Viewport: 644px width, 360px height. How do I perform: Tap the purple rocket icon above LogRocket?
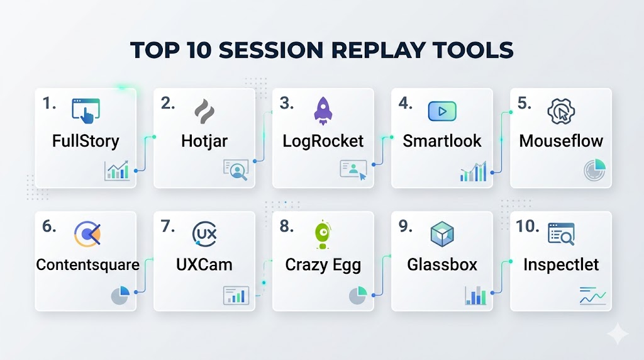click(323, 111)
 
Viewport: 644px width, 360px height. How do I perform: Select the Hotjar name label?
click(204, 141)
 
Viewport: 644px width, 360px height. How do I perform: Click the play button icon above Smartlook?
click(442, 111)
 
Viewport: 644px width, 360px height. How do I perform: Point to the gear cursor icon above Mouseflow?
click(561, 111)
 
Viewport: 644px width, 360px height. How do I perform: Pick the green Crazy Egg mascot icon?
click(323, 235)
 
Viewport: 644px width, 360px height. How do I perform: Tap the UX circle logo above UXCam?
click(204, 234)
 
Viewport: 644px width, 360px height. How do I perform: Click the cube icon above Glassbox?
click(442, 234)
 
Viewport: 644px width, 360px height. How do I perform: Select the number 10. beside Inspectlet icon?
click(528, 226)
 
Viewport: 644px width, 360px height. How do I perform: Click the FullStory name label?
click(86, 141)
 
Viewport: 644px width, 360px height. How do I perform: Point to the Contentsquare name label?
click(87, 265)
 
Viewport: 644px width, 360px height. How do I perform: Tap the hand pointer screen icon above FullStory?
click(86, 111)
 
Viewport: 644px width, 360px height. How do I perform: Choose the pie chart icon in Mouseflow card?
click(595, 170)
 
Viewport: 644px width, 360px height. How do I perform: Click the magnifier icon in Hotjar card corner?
click(236, 170)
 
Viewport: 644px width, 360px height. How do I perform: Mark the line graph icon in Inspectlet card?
click(592, 296)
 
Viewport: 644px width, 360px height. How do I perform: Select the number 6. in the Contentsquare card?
click(49, 226)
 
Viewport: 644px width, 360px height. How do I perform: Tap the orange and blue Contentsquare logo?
click(87, 234)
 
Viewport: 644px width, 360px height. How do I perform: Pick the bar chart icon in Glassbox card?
click(475, 295)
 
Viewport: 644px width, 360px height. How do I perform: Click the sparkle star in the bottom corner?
click(618, 334)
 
